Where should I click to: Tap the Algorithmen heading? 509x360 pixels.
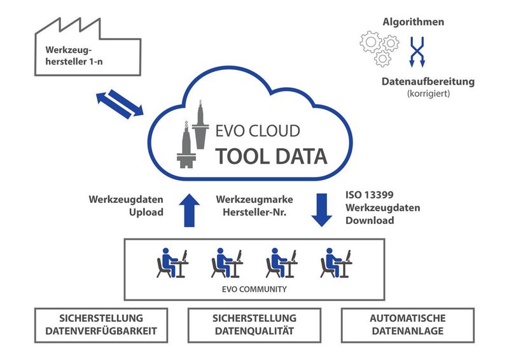pos(413,22)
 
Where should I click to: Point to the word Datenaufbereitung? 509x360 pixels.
pos(428,81)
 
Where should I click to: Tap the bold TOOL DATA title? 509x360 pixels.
pos(271,155)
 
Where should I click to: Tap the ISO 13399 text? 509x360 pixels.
pos(373,195)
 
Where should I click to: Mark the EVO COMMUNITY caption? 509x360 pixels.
pos(253,289)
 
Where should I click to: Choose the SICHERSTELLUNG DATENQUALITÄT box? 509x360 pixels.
pos(254,324)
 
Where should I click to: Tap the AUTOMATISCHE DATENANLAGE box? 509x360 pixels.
pos(408,324)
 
